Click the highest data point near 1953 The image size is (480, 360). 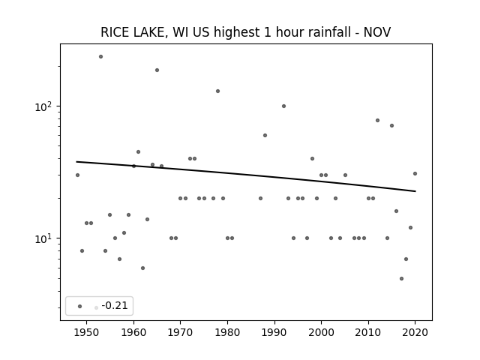[100, 57]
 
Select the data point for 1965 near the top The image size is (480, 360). [157, 70]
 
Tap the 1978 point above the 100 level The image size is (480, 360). [218, 91]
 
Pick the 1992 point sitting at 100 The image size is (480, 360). [283, 106]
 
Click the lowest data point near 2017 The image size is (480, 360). [402, 278]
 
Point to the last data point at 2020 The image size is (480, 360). [415, 173]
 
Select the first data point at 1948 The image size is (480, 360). [77, 175]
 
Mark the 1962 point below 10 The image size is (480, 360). [142, 268]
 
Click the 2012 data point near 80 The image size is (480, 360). [377, 120]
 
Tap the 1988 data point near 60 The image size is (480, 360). [265, 135]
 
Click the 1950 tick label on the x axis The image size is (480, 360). [87, 332]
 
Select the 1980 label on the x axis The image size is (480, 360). [227, 332]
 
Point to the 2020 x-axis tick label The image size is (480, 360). [415, 332]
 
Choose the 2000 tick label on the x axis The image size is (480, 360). [322, 332]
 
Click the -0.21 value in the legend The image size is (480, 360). [115, 305]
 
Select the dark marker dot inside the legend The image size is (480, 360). [80, 306]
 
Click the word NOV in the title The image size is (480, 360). [376, 32]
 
